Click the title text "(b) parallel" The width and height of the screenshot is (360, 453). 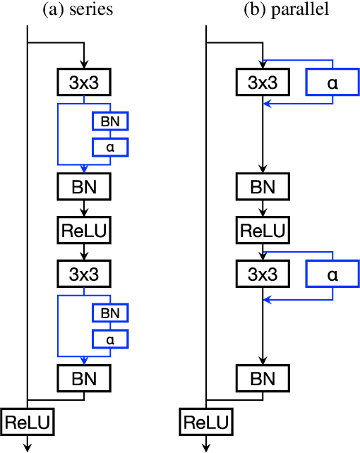click(x=280, y=10)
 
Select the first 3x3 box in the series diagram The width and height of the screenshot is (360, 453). click(x=84, y=83)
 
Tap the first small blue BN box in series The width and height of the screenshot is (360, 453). click(x=110, y=121)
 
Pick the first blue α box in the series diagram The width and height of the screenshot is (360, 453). click(x=110, y=147)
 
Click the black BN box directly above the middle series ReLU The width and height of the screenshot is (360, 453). click(x=84, y=187)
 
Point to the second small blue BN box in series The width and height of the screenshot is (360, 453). click(x=110, y=311)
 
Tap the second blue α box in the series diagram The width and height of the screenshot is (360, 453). click(x=110, y=338)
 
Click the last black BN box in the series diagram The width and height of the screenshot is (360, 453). click(x=84, y=378)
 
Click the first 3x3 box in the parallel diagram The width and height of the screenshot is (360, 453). click(x=263, y=83)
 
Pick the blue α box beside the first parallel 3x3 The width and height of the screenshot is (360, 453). click(x=329, y=83)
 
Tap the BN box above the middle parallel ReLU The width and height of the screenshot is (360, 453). click(x=263, y=187)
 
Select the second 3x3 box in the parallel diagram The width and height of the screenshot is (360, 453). click(x=263, y=273)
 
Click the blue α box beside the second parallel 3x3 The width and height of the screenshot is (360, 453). click(x=329, y=273)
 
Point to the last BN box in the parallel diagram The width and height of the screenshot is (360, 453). click(x=263, y=378)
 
